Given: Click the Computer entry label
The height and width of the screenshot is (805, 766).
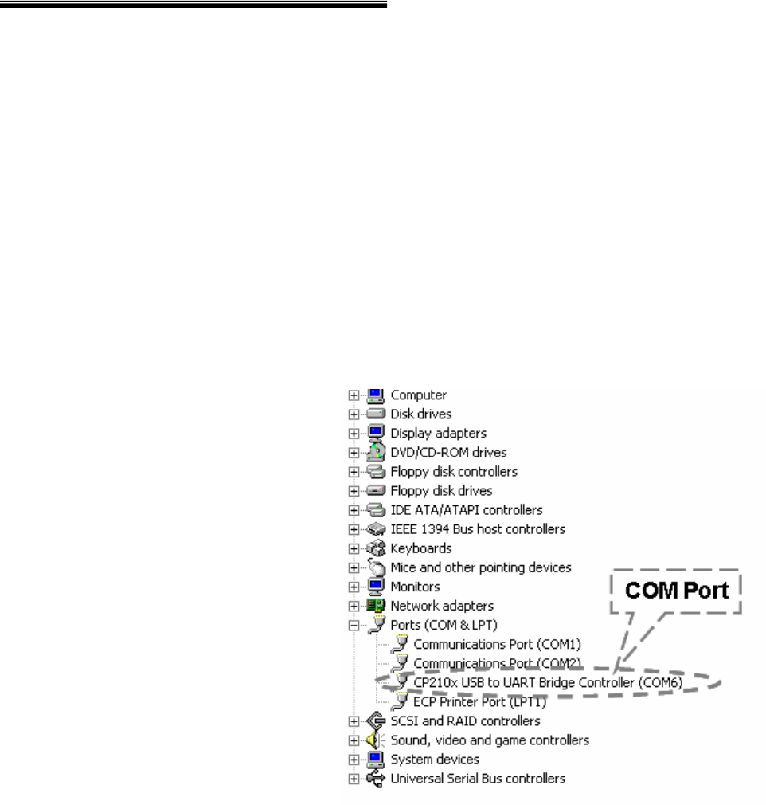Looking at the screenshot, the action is [418, 395].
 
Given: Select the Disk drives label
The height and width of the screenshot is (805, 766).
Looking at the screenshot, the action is [420, 414].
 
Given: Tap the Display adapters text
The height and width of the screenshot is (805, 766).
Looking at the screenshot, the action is [438, 434].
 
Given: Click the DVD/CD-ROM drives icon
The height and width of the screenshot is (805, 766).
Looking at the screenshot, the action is [376, 452].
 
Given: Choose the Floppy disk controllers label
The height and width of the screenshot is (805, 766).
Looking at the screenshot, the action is [454, 472].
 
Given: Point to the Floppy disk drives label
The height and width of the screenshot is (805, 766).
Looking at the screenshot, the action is [441, 491].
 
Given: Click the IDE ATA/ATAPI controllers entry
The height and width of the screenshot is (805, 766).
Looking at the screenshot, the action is [466, 510].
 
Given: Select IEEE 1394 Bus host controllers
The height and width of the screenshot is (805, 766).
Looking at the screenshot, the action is [478, 529].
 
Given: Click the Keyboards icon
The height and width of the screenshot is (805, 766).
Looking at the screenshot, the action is [376, 548].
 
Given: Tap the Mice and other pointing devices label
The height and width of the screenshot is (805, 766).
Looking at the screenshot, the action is [480, 567].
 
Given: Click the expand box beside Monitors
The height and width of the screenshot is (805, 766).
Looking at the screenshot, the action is [354, 587].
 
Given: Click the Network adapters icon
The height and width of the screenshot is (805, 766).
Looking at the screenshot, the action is [376, 606].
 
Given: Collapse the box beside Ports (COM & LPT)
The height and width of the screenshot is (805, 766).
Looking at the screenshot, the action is [354, 625].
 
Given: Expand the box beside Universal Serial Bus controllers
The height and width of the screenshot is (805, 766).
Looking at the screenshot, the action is [354, 779].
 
